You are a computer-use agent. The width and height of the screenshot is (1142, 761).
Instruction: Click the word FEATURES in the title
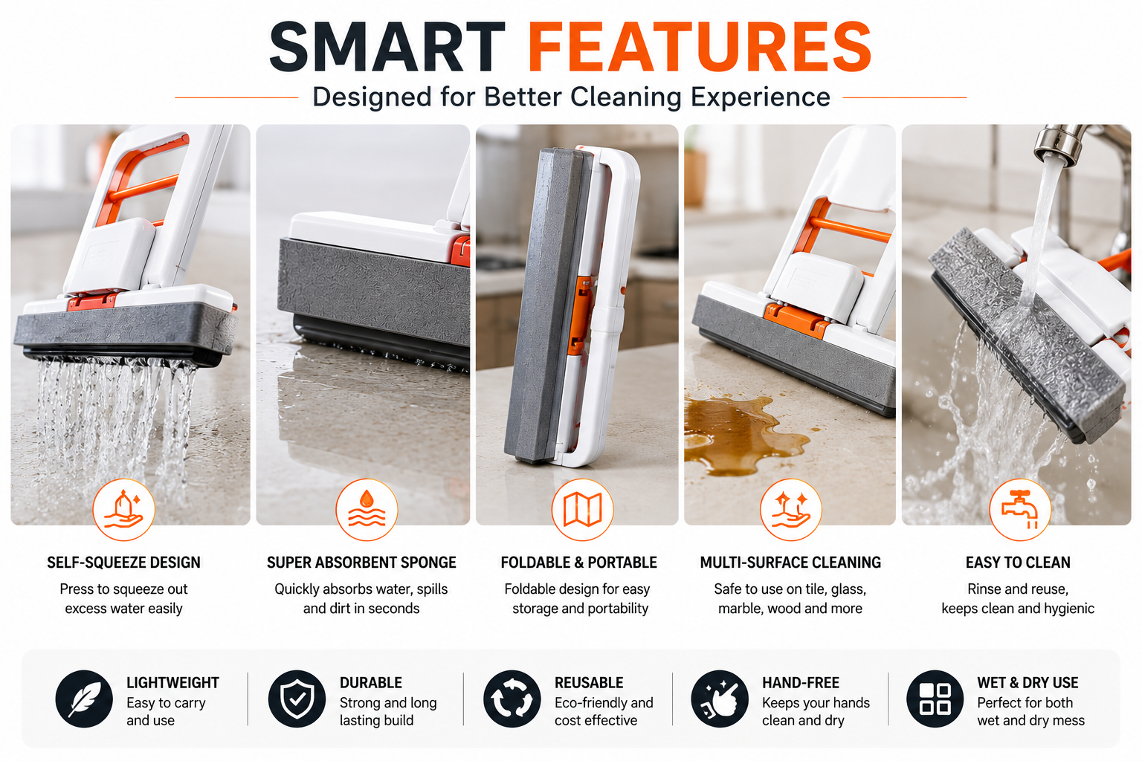pos(700,48)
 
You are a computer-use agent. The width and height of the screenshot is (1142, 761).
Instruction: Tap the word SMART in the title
pos(387,48)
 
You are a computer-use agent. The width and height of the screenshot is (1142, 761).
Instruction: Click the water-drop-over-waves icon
pos(367,509)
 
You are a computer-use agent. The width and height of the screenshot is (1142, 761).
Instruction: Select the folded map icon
pos(582,509)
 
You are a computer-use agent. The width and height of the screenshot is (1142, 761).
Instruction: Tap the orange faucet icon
pos(1020,509)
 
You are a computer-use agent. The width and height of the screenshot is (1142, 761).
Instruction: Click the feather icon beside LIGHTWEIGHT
pos(84,699)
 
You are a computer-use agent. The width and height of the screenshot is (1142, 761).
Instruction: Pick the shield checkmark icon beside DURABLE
pos(297,699)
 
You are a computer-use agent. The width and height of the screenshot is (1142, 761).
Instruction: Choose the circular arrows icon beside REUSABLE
pos(512,699)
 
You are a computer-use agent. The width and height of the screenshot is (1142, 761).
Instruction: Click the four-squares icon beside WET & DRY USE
pos(935,699)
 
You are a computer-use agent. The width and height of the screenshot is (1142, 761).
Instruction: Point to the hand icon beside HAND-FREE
pos(720,699)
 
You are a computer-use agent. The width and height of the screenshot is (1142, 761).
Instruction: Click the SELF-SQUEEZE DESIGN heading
pos(124,563)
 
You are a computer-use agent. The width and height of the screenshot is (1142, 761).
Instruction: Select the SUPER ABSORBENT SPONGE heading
pos(361,563)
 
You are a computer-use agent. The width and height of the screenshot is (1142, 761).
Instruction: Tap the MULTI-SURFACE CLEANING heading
pos(790,563)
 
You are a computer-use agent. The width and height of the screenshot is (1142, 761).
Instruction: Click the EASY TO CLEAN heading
pos(1018,563)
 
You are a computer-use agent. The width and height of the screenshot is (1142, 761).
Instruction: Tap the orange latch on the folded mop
pos(581,316)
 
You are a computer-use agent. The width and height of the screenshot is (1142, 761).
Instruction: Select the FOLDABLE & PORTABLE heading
pos(578,563)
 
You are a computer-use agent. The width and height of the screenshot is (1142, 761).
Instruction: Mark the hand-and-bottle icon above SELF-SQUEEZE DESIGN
pos(123,509)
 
